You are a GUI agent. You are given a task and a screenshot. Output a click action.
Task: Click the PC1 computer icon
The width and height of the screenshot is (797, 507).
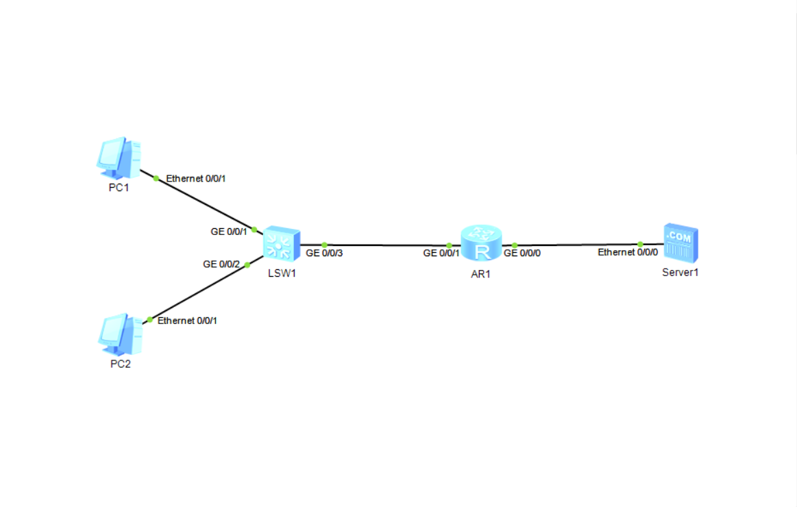119,157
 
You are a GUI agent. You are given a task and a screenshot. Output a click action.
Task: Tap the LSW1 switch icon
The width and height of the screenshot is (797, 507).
281,243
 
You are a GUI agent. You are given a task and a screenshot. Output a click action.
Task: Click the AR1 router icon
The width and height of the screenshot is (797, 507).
481,243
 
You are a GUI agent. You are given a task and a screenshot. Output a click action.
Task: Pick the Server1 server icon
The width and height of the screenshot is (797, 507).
680,243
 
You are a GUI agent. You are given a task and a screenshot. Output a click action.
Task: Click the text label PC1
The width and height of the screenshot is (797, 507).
119,188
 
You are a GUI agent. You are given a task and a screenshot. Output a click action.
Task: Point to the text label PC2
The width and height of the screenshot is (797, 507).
121,364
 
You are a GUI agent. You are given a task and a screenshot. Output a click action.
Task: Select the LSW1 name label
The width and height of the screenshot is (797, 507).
282,273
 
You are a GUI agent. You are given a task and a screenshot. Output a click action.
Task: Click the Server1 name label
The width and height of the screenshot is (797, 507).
680,272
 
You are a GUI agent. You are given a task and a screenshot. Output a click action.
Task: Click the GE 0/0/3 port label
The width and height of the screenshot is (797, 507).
324,253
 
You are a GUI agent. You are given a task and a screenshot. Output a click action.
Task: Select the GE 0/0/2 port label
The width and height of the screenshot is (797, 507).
221,264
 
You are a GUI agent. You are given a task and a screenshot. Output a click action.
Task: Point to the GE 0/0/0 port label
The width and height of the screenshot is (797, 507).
522,253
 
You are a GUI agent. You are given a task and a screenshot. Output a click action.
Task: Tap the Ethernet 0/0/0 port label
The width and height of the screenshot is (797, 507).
628,252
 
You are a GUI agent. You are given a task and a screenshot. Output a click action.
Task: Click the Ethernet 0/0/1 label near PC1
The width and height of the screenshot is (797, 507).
196,178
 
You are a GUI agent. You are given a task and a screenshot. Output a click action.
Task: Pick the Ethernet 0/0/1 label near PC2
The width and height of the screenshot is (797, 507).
188,320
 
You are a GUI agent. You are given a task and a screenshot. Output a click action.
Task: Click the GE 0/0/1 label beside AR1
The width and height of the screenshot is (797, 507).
441,253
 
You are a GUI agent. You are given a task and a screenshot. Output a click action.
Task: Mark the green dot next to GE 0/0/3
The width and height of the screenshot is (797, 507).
325,245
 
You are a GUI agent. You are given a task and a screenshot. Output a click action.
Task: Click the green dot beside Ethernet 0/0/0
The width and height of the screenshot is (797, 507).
640,244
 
